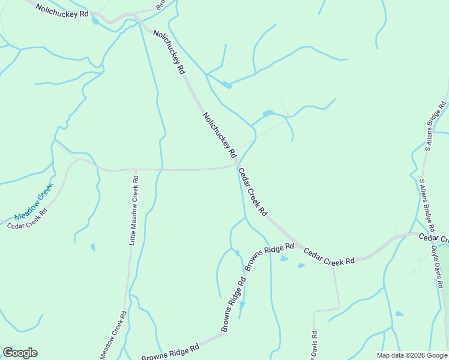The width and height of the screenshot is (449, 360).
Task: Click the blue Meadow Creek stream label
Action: pos(34,205)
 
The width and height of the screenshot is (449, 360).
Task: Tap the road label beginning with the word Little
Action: pos(134,210)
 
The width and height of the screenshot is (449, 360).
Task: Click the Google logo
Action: pos(20,353)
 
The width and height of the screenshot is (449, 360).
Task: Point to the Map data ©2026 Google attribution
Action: pos(412,355)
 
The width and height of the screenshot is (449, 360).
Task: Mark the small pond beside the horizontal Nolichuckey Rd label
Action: pos(95,21)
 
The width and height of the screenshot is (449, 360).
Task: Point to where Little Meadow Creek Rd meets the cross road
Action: pos(135,170)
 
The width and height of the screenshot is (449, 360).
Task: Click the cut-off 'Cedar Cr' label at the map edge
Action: pos(433,238)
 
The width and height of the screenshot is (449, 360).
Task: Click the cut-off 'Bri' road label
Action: pos(160,5)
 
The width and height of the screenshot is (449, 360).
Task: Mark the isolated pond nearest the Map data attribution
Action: pos(399,313)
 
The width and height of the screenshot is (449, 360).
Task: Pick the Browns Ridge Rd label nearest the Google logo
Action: pos(170,352)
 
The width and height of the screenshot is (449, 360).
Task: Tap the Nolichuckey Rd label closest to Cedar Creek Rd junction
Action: pos(220,136)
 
